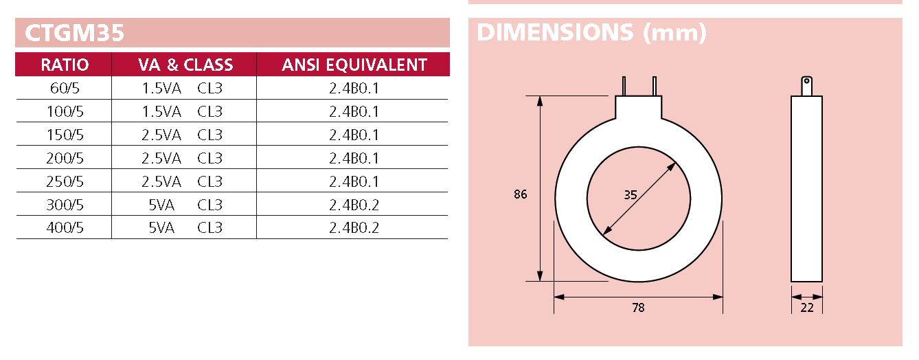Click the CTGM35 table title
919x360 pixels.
74,33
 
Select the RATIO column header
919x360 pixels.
65,65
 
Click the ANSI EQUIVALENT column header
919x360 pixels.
354,65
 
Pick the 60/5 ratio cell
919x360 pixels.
65,88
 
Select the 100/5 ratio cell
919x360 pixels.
65,111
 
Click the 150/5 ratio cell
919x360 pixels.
65,135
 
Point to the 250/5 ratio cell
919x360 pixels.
65,181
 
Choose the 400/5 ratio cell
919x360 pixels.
65,228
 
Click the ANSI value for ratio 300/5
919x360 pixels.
354,205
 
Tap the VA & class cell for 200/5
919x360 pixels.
182,158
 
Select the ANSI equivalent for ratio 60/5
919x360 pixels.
354,88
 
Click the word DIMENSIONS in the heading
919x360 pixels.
555,32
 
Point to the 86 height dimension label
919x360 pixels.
520,194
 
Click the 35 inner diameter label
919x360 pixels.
630,194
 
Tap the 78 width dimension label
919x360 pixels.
638,308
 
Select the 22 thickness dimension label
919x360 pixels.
807,308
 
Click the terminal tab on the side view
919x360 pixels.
806,85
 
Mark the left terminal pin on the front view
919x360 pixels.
624,87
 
